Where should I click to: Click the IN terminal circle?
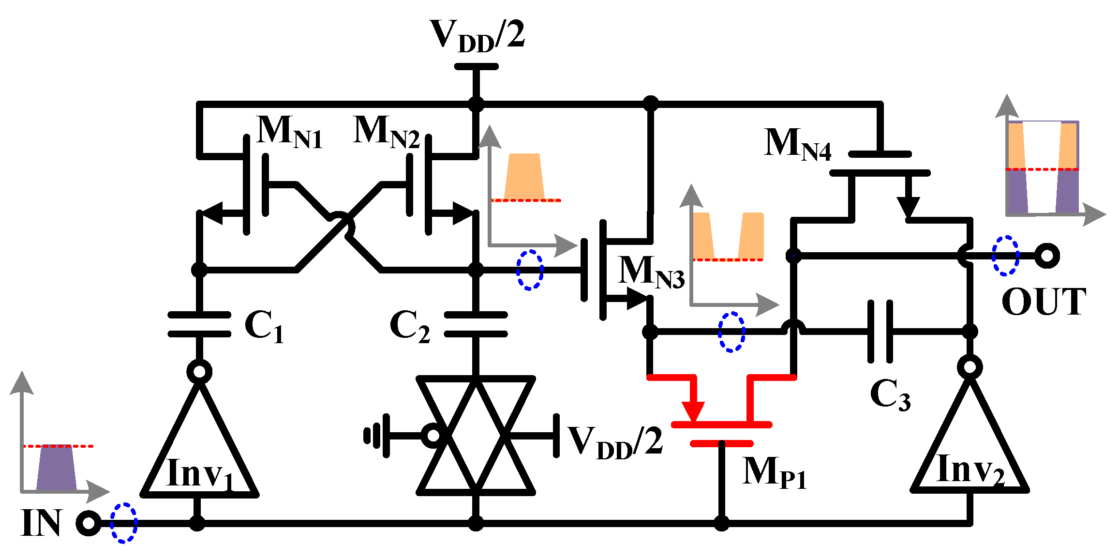89,523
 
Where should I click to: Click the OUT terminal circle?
1047,256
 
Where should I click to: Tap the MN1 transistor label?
289,132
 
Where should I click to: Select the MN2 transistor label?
386,132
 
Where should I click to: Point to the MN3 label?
651,272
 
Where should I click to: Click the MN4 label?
797,144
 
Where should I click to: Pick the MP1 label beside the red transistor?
774,472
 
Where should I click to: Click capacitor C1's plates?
199,324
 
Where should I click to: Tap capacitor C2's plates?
476,324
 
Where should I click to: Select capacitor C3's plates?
880,332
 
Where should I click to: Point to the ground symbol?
376,436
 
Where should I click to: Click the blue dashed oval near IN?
123,523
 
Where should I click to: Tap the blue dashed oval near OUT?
1005,256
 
